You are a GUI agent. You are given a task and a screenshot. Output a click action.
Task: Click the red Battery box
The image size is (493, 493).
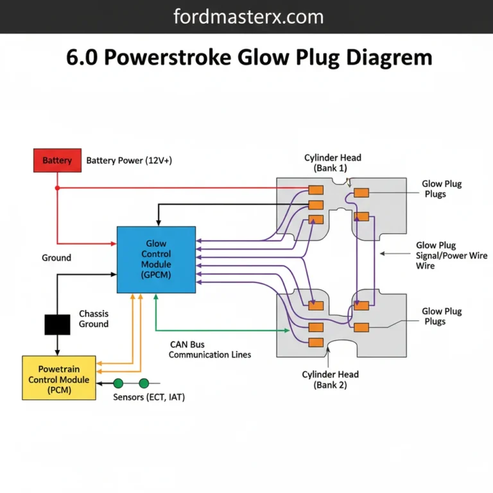[x=57, y=160]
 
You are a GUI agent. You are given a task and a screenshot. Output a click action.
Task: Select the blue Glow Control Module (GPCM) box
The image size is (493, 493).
[x=156, y=259]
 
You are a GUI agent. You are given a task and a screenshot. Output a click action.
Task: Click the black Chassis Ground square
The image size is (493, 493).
[x=57, y=324]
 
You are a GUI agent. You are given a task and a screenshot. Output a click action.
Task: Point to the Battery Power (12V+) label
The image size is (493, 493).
[x=129, y=160]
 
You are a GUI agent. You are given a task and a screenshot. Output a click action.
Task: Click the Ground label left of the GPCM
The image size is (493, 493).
[x=56, y=257]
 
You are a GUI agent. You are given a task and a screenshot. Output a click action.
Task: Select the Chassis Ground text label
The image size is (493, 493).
[x=94, y=319]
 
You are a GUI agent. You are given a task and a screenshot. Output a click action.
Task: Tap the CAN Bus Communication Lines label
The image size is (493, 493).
[x=210, y=349]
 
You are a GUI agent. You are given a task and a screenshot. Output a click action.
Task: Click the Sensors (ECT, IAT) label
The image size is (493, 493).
[x=148, y=397]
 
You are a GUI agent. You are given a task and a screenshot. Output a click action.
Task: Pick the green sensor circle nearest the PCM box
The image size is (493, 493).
[x=118, y=383]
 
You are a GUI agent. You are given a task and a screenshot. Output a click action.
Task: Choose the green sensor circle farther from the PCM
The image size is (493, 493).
[x=144, y=383]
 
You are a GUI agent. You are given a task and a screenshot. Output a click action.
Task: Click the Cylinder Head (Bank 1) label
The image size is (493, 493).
[x=332, y=163]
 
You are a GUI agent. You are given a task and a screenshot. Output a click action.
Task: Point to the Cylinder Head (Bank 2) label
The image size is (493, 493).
[x=331, y=379]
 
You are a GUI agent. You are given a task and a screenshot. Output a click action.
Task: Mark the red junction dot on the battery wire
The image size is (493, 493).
[x=57, y=188]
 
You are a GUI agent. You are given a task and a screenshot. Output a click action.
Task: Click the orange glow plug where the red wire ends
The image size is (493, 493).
[x=315, y=190]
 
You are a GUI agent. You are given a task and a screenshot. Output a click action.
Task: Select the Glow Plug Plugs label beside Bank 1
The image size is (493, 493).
[x=442, y=189]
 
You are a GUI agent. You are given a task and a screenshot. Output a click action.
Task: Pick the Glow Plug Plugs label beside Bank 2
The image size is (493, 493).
[x=442, y=316]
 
